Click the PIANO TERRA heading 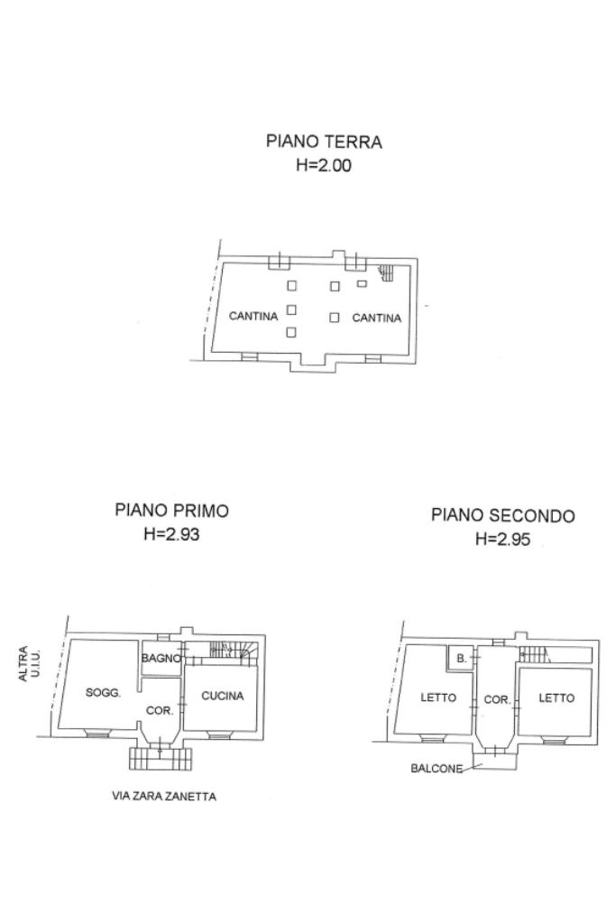coord(324,142)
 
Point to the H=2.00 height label coord(324,165)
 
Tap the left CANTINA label coord(253,317)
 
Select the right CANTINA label coord(377,319)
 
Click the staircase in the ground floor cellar coord(386,273)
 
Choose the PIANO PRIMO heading coord(172,510)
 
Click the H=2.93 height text coord(172,534)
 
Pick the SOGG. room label coord(103,693)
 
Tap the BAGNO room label coord(161,658)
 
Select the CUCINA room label coord(223,696)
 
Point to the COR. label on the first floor coord(160,711)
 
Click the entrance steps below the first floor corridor coord(161,758)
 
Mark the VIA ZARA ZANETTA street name coord(164,797)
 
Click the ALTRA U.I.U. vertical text coord(28,664)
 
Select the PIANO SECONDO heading coord(503,515)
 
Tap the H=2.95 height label coord(503,540)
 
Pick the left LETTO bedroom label coord(438,698)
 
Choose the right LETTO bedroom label coord(556,698)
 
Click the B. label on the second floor coord(462,659)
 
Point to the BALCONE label coord(437,769)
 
